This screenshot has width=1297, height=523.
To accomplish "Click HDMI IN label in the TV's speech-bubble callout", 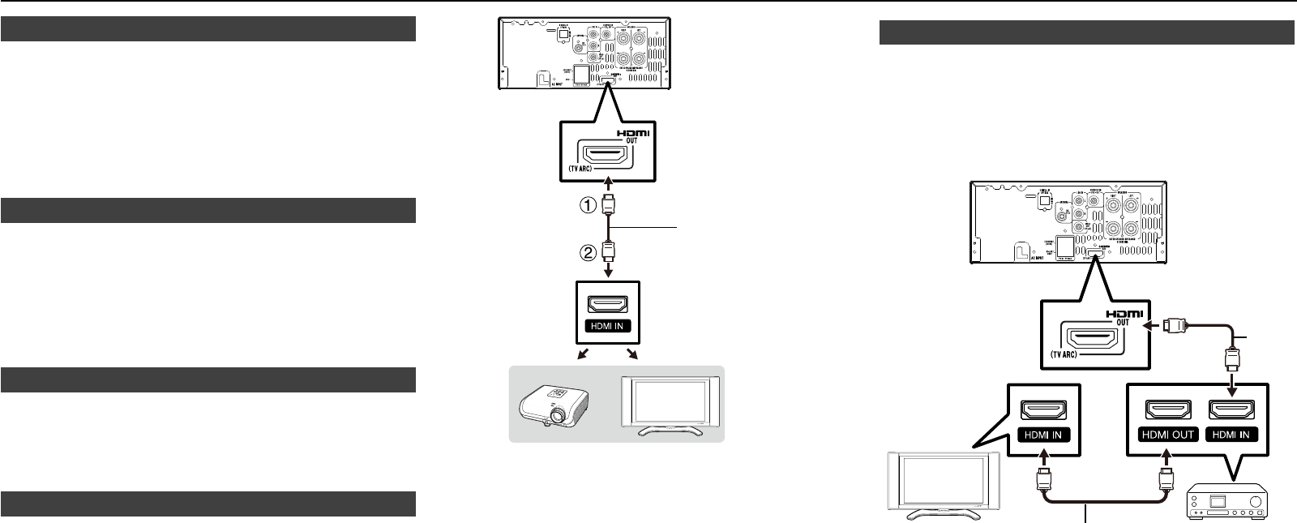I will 1042,434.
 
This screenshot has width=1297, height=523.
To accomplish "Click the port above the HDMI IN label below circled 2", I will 608,307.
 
